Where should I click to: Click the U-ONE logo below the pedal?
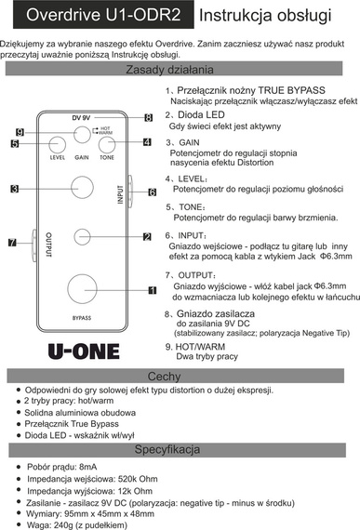point(83,352)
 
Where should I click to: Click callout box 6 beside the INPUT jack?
point(152,192)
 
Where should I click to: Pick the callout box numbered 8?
point(147,117)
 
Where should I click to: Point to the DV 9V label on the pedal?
point(83,118)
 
